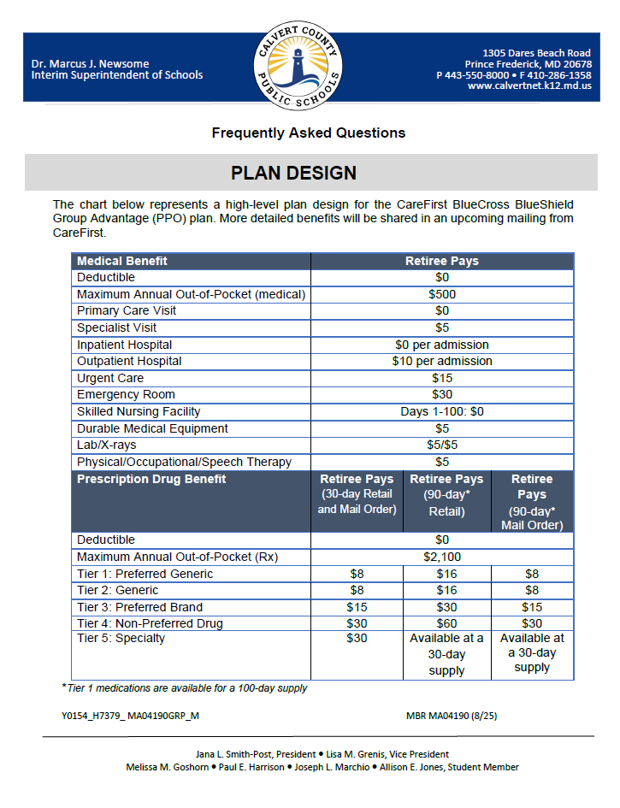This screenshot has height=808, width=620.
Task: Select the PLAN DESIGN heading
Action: tap(293, 173)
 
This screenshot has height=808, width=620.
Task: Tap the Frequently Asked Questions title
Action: tap(309, 133)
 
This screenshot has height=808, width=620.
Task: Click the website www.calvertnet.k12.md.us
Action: tap(529, 86)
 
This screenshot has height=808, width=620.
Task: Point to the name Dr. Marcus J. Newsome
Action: tap(89, 63)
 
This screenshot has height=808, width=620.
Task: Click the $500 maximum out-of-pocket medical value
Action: tap(442, 294)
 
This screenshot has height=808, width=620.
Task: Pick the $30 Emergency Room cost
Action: tap(442, 394)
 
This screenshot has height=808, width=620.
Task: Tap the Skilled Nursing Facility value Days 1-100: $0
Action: tap(442, 411)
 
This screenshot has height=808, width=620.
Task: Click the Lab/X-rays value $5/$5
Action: tap(442, 445)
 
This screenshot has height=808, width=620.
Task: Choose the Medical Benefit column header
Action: tap(122, 261)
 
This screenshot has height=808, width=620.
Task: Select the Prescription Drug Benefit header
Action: tap(151, 479)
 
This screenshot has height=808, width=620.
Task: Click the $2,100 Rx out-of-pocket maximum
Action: tap(442, 557)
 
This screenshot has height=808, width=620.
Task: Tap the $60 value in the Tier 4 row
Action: tap(446, 623)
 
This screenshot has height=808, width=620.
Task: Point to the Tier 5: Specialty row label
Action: tap(121, 639)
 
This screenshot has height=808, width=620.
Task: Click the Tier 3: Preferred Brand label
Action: tap(139, 607)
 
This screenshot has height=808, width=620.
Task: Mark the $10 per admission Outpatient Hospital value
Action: tap(442, 361)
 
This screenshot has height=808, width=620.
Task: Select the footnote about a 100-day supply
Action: tap(184, 687)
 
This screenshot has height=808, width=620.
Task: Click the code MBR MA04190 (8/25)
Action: tap(452, 715)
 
